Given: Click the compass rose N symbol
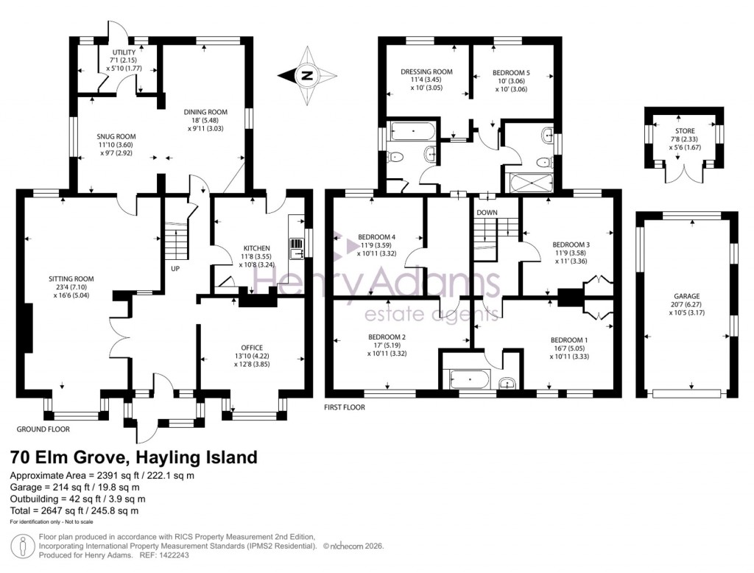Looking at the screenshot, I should click(x=307, y=74).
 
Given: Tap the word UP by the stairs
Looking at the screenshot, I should click(x=175, y=268).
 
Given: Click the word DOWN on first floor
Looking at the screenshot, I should click(x=487, y=212).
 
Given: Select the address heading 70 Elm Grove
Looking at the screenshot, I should click(x=133, y=457).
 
